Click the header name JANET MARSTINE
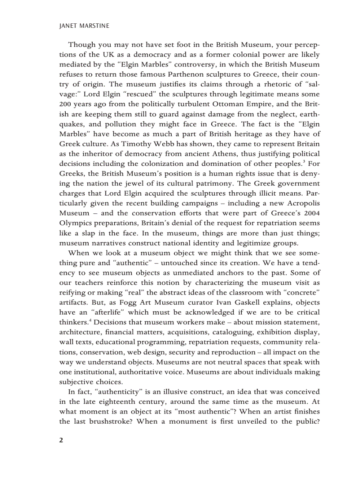point(84,26)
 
